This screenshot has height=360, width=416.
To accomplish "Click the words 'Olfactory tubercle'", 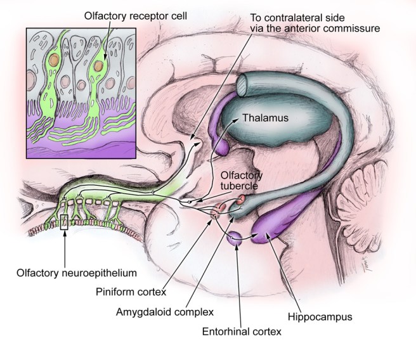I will [240, 180].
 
